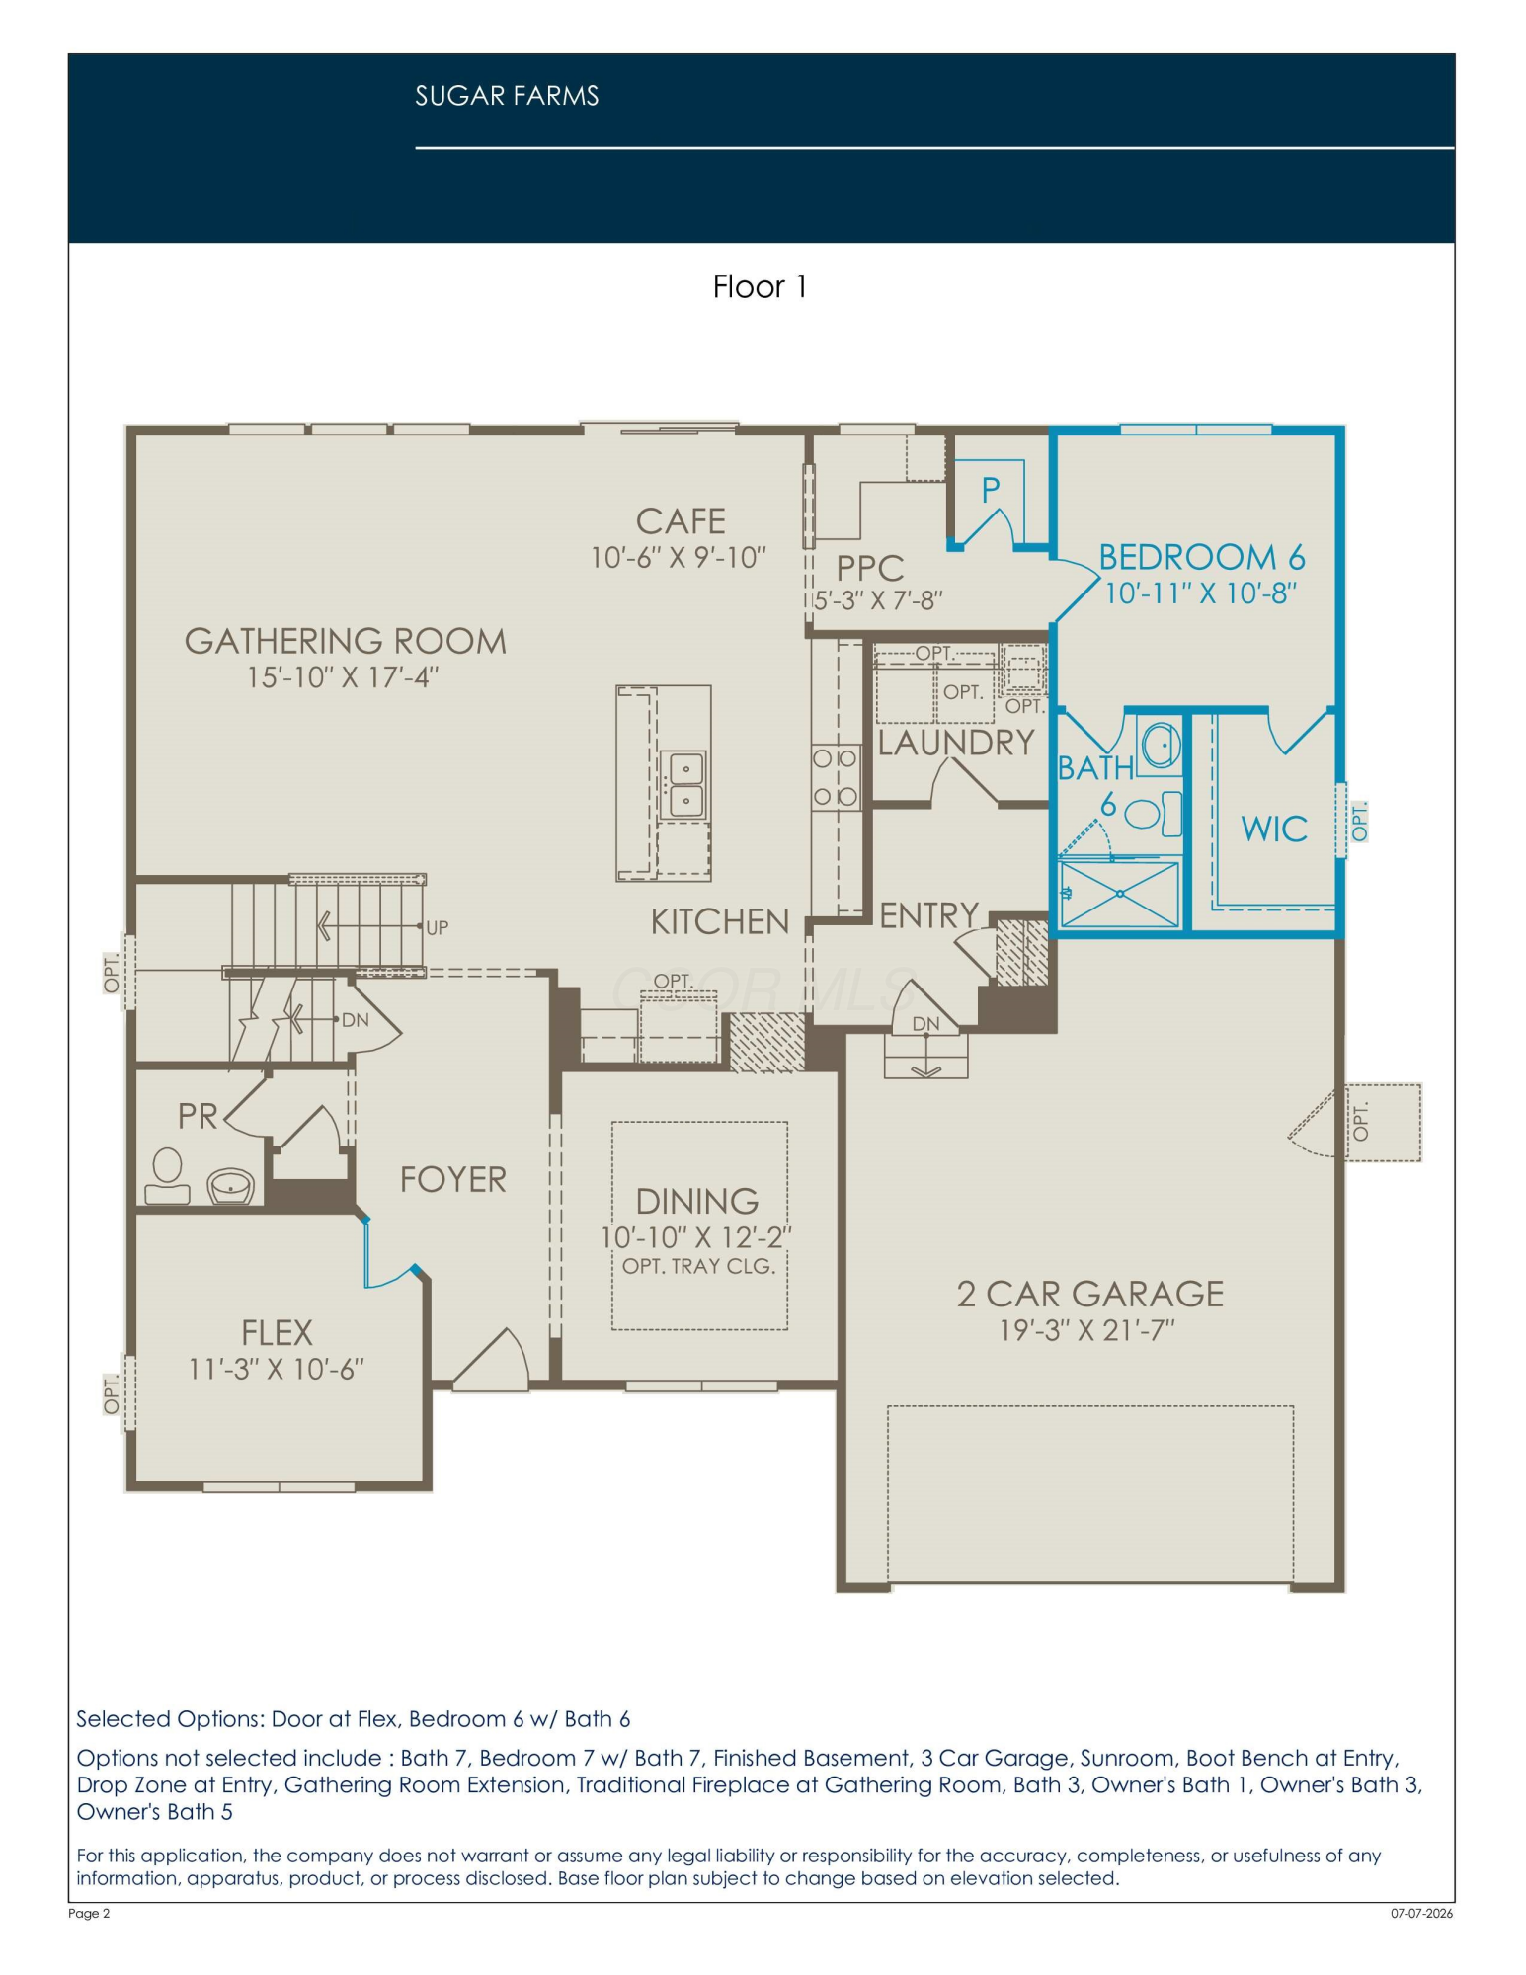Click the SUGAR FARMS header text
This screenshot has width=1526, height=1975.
[507, 96]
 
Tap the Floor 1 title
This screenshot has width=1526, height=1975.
[760, 286]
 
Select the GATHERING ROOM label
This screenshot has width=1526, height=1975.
[346, 641]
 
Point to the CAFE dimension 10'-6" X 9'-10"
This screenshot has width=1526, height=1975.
[679, 558]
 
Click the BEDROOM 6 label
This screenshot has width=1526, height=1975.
[1202, 557]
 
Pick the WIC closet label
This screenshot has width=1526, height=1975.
[1274, 829]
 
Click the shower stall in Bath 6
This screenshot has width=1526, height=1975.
[1119, 894]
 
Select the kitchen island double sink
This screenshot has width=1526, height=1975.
[685, 783]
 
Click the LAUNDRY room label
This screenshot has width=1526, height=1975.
[956, 743]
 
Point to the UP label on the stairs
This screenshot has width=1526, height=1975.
[437, 927]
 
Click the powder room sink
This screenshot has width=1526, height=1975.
[231, 1186]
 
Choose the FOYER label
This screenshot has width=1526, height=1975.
[452, 1179]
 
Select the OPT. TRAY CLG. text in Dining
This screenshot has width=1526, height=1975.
[698, 1266]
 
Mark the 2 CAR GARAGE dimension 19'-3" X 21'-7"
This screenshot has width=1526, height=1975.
[1087, 1330]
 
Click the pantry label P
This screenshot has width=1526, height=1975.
[991, 490]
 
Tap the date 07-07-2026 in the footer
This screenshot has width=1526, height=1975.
[1421, 1913]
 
